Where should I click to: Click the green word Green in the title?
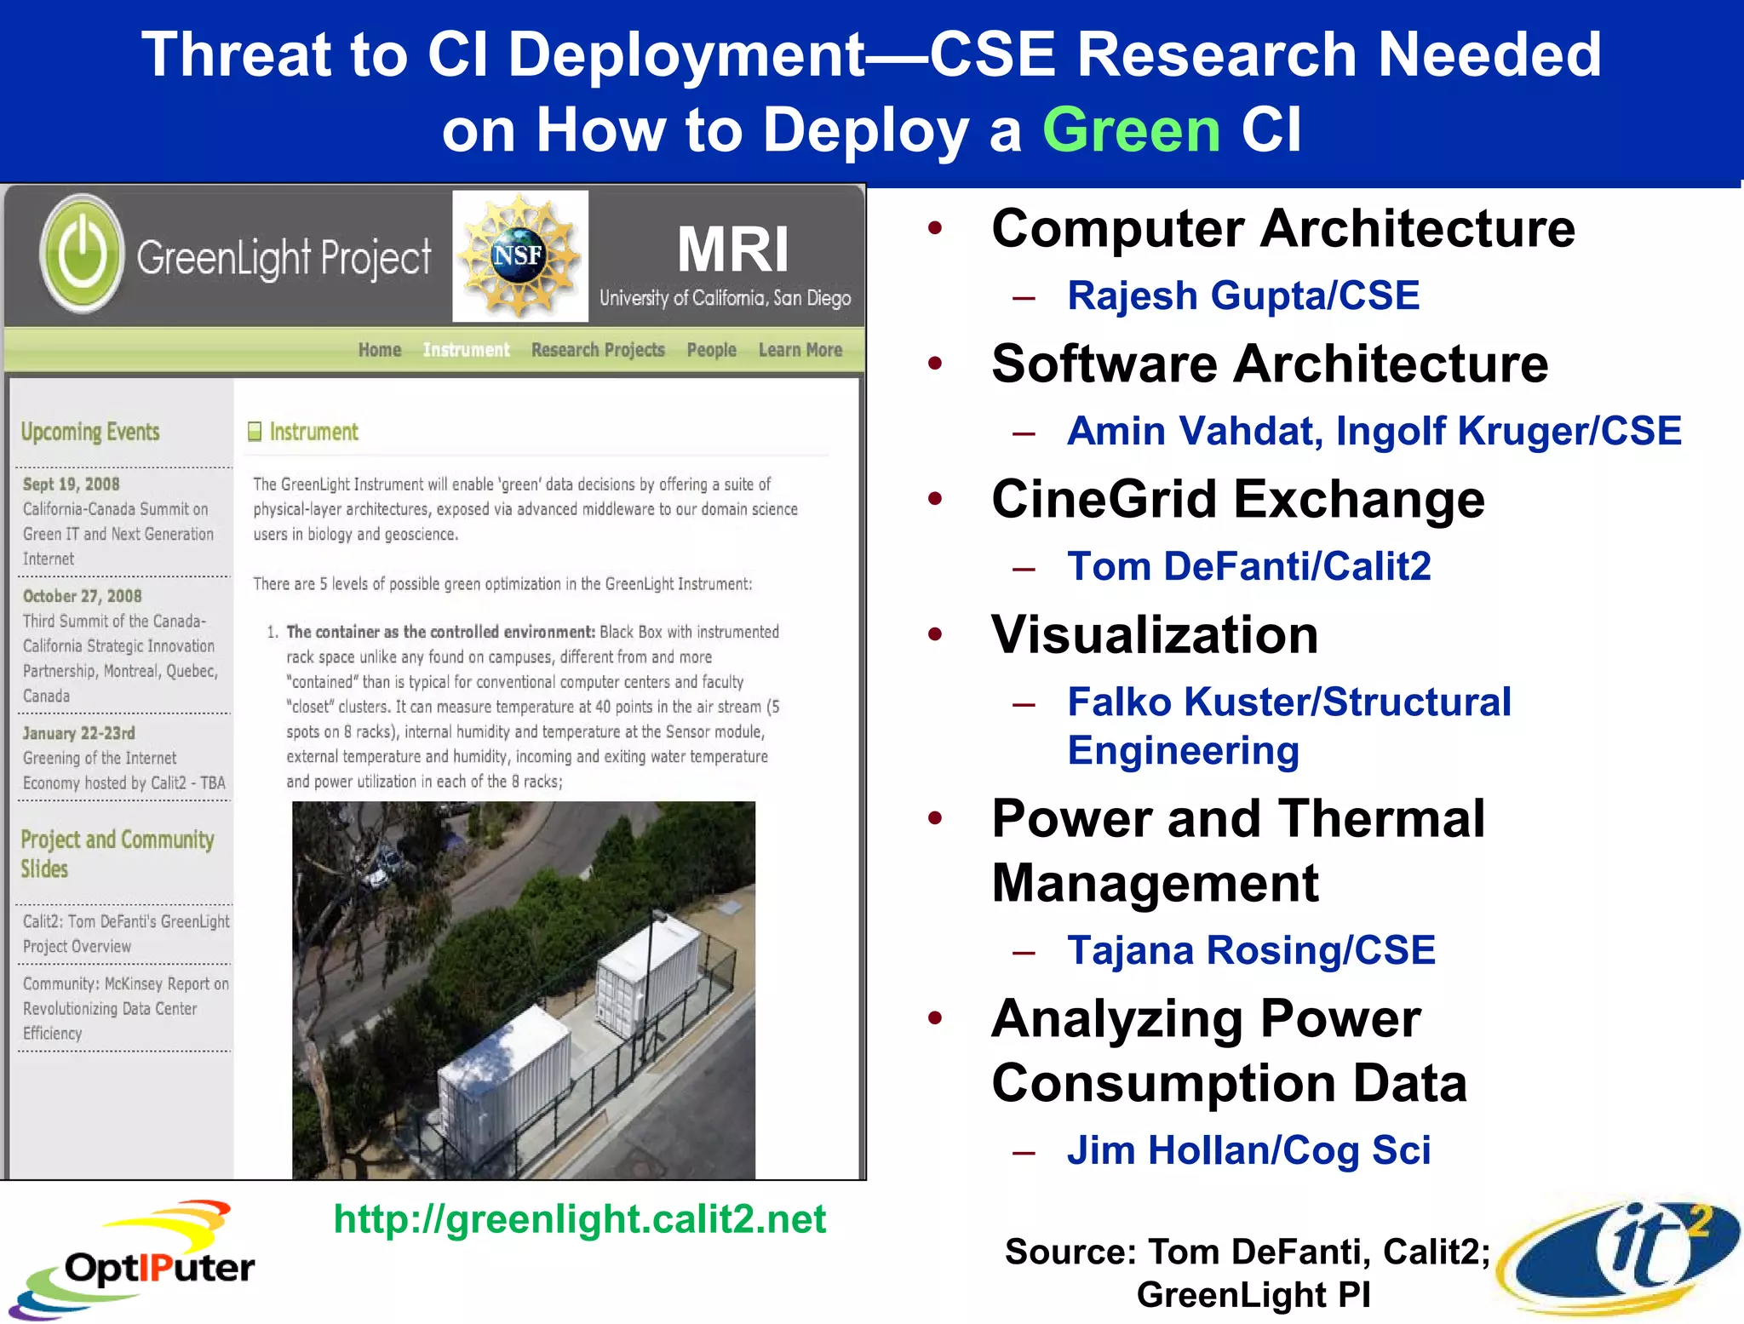pyautogui.click(x=1132, y=130)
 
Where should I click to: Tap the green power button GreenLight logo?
pyautogui.click(x=82, y=253)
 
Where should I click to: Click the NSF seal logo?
pyautogui.click(x=519, y=255)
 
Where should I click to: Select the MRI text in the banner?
pyautogui.click(x=732, y=249)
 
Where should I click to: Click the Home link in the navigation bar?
pyautogui.click(x=379, y=350)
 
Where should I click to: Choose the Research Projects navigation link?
pyautogui.click(x=598, y=350)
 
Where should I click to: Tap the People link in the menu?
pyautogui.click(x=711, y=350)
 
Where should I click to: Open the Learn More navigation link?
pyautogui.click(x=800, y=350)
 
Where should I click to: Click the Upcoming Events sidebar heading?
pyautogui.click(x=90, y=432)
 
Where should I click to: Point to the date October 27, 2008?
pyautogui.click(x=83, y=596)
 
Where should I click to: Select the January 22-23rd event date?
pyautogui.click(x=79, y=733)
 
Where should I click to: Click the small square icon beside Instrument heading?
pyautogui.click(x=255, y=432)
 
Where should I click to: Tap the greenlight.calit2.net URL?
pyautogui.click(x=579, y=1219)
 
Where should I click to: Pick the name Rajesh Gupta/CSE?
pyautogui.click(x=1243, y=296)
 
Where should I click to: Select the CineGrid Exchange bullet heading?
pyautogui.click(x=1238, y=499)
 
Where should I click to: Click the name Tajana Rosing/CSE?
pyautogui.click(x=1251, y=950)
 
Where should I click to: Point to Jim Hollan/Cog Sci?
pyautogui.click(x=1248, y=1150)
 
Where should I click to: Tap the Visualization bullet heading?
pyautogui.click(x=1155, y=634)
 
